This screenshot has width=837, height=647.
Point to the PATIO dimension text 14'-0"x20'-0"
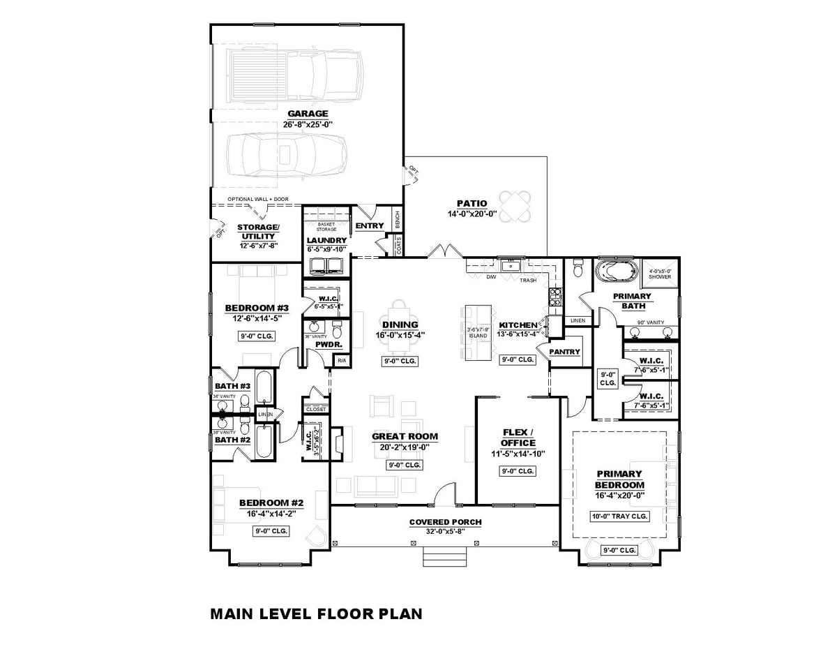(472, 214)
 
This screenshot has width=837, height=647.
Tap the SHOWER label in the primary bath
(660, 276)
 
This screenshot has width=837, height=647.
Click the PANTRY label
(564, 352)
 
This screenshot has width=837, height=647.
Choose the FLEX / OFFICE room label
(518, 437)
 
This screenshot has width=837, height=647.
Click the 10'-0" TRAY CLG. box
(619, 516)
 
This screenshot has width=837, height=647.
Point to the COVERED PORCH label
(445, 522)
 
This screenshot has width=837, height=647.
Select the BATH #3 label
(232, 386)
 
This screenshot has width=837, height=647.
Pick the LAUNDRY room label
(326, 240)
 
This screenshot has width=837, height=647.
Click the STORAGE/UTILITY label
(258, 232)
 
